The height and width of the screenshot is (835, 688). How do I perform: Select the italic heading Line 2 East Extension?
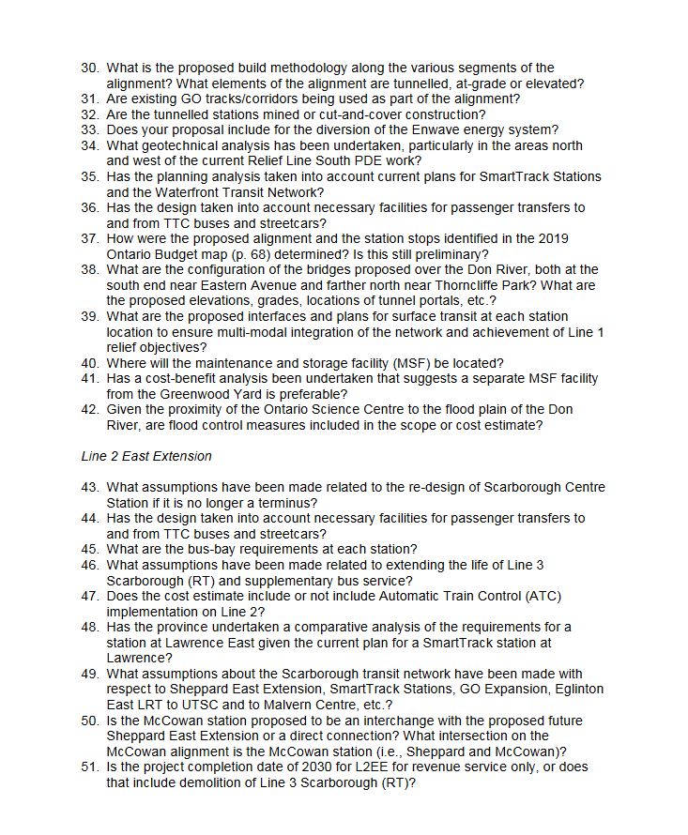(145, 456)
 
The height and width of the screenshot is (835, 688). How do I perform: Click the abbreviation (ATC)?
(543, 596)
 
